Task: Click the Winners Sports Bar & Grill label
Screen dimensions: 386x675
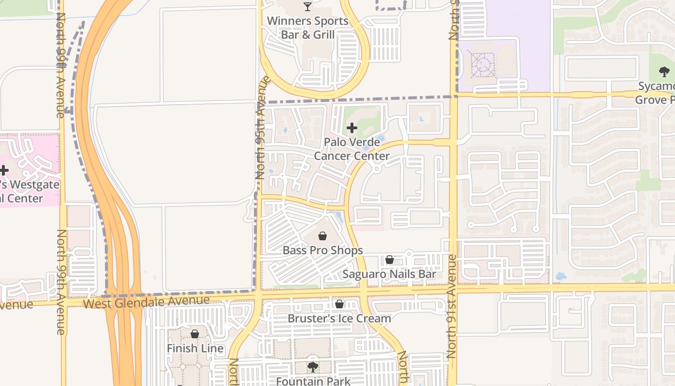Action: [308, 28]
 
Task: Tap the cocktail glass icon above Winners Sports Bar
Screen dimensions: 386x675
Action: [308, 7]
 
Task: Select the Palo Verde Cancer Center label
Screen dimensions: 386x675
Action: [351, 149]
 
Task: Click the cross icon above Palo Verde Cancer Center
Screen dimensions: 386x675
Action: [352, 128]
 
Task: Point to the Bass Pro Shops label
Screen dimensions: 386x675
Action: [323, 250]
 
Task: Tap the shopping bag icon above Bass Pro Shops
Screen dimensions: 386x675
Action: [323, 236]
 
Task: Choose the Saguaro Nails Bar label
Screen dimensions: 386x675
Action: [389, 275]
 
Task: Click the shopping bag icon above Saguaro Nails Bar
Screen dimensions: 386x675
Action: [390, 260]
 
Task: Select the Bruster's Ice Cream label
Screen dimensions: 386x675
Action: [339, 318]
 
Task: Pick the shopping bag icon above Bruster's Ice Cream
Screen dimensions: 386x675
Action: [339, 304]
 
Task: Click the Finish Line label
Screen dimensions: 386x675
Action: [195, 348]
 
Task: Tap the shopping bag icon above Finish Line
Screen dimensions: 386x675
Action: [195, 334]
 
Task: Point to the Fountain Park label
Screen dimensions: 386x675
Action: [313, 381]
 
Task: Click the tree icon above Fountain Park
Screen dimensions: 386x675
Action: [313, 367]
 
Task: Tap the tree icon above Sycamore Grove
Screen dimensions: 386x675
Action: [664, 72]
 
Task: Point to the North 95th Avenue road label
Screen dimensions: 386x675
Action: [261, 128]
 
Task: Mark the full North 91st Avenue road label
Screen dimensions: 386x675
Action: [451, 306]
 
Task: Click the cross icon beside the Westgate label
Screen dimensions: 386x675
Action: [4, 170]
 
